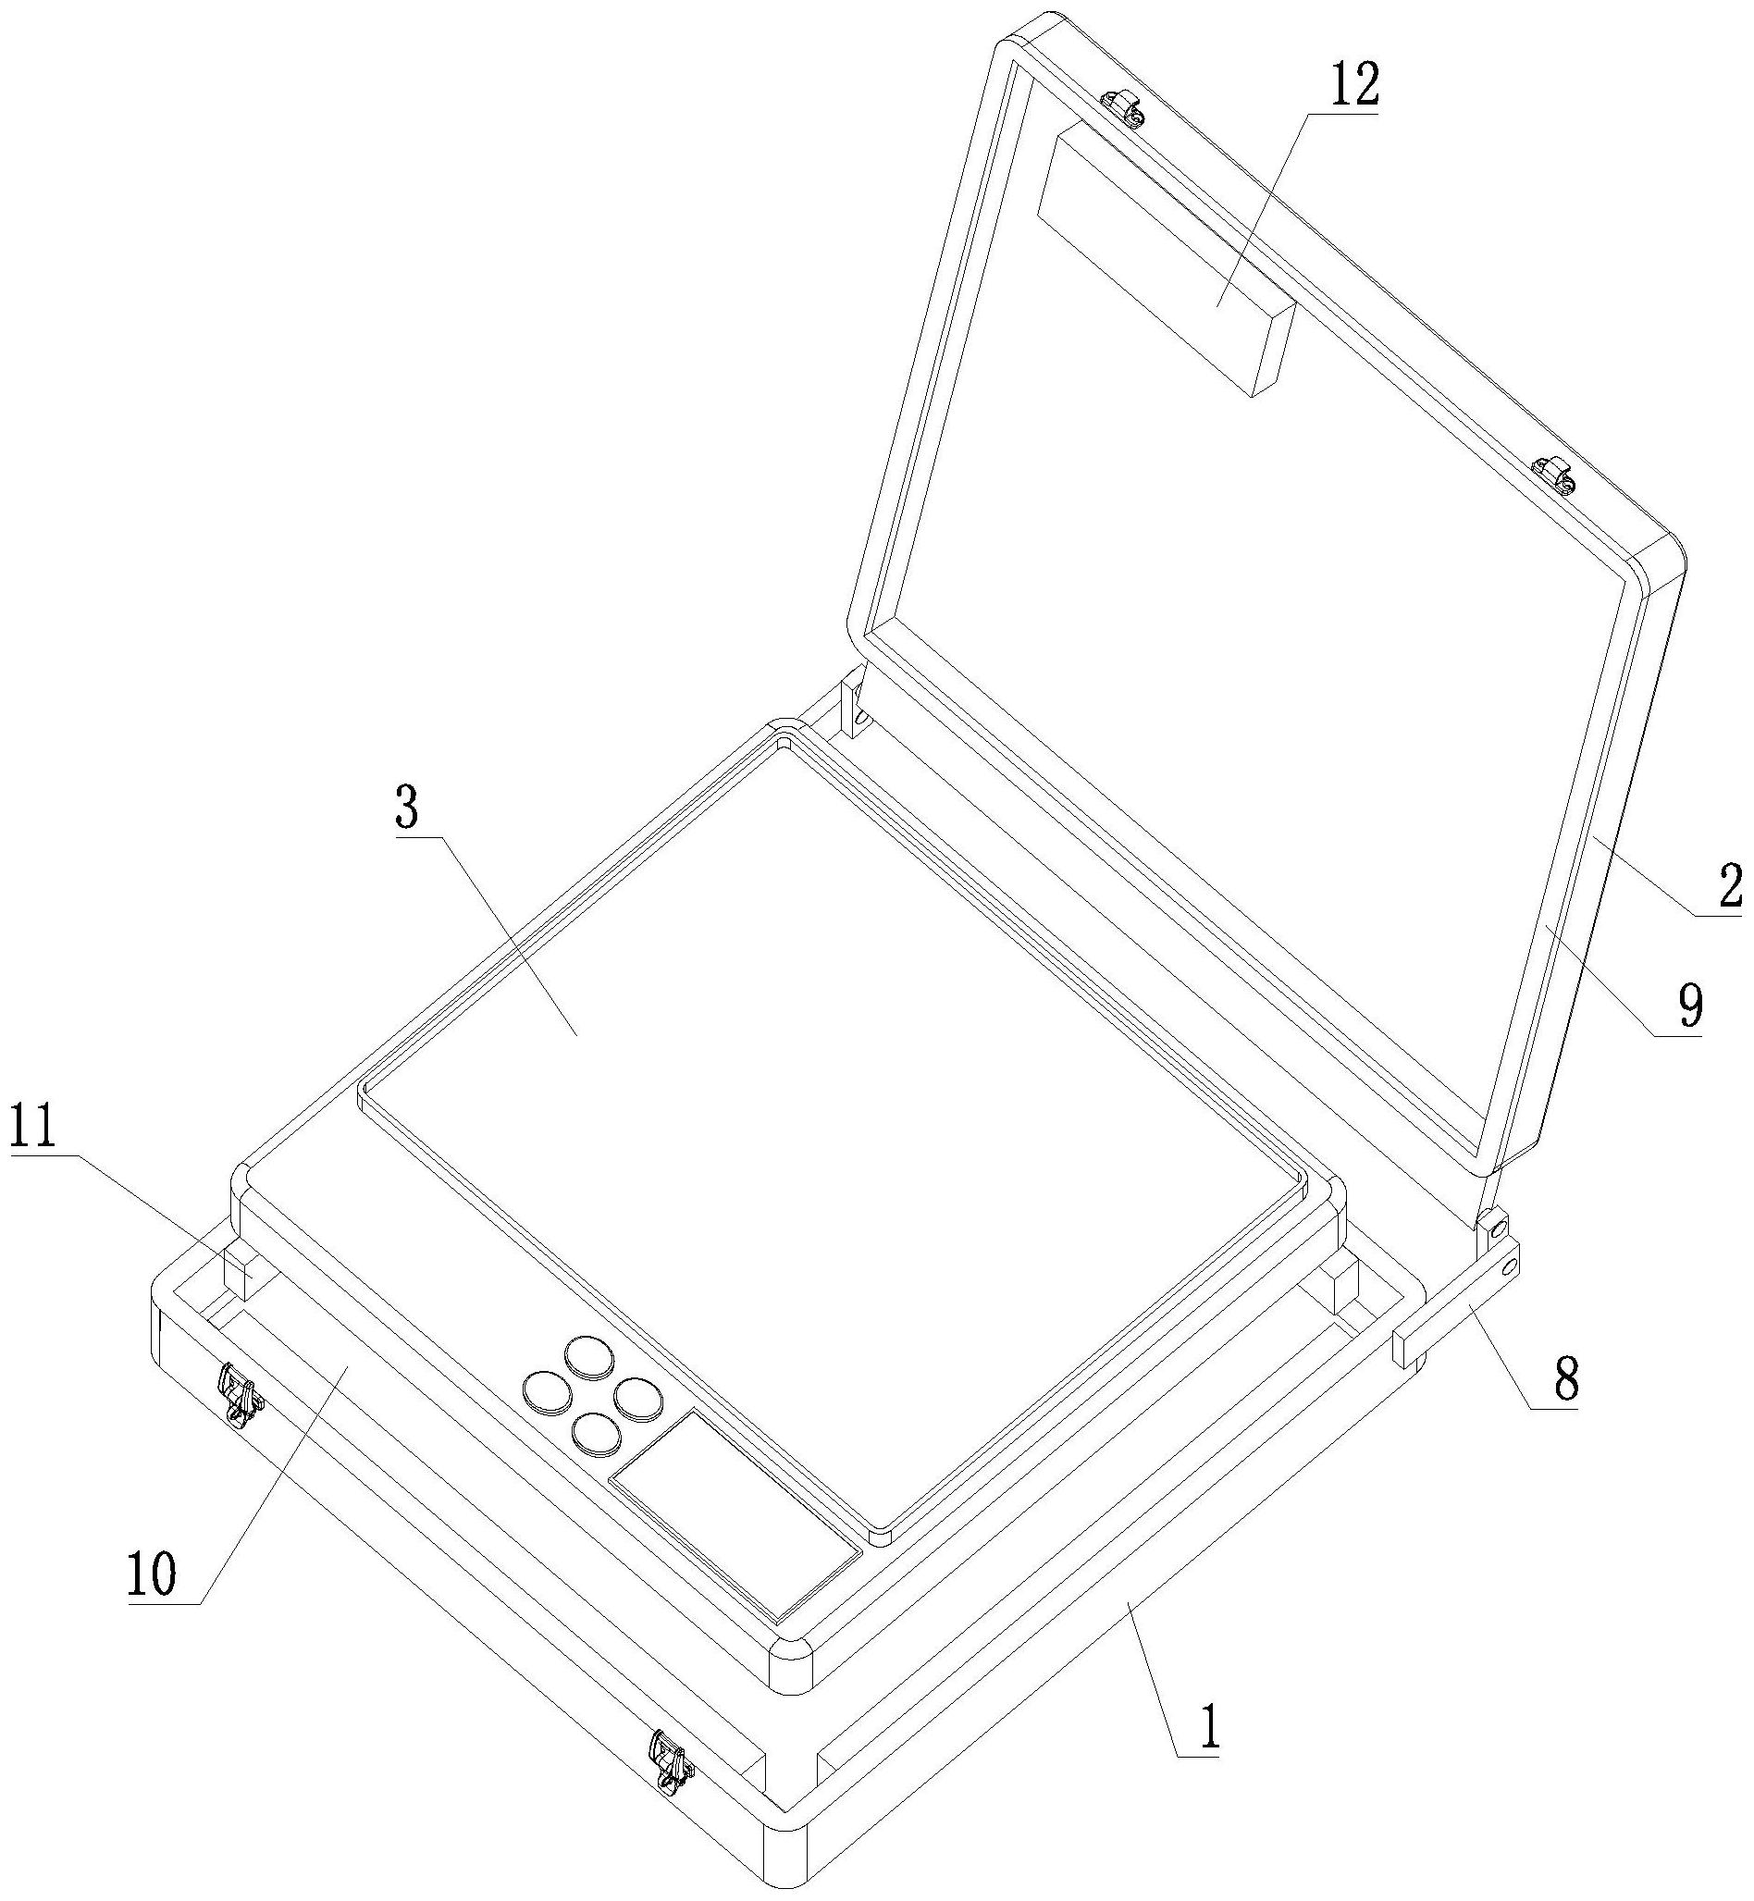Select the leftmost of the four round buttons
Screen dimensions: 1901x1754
[x=545, y=1391]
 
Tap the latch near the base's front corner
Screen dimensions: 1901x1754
[x=670, y=1760]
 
